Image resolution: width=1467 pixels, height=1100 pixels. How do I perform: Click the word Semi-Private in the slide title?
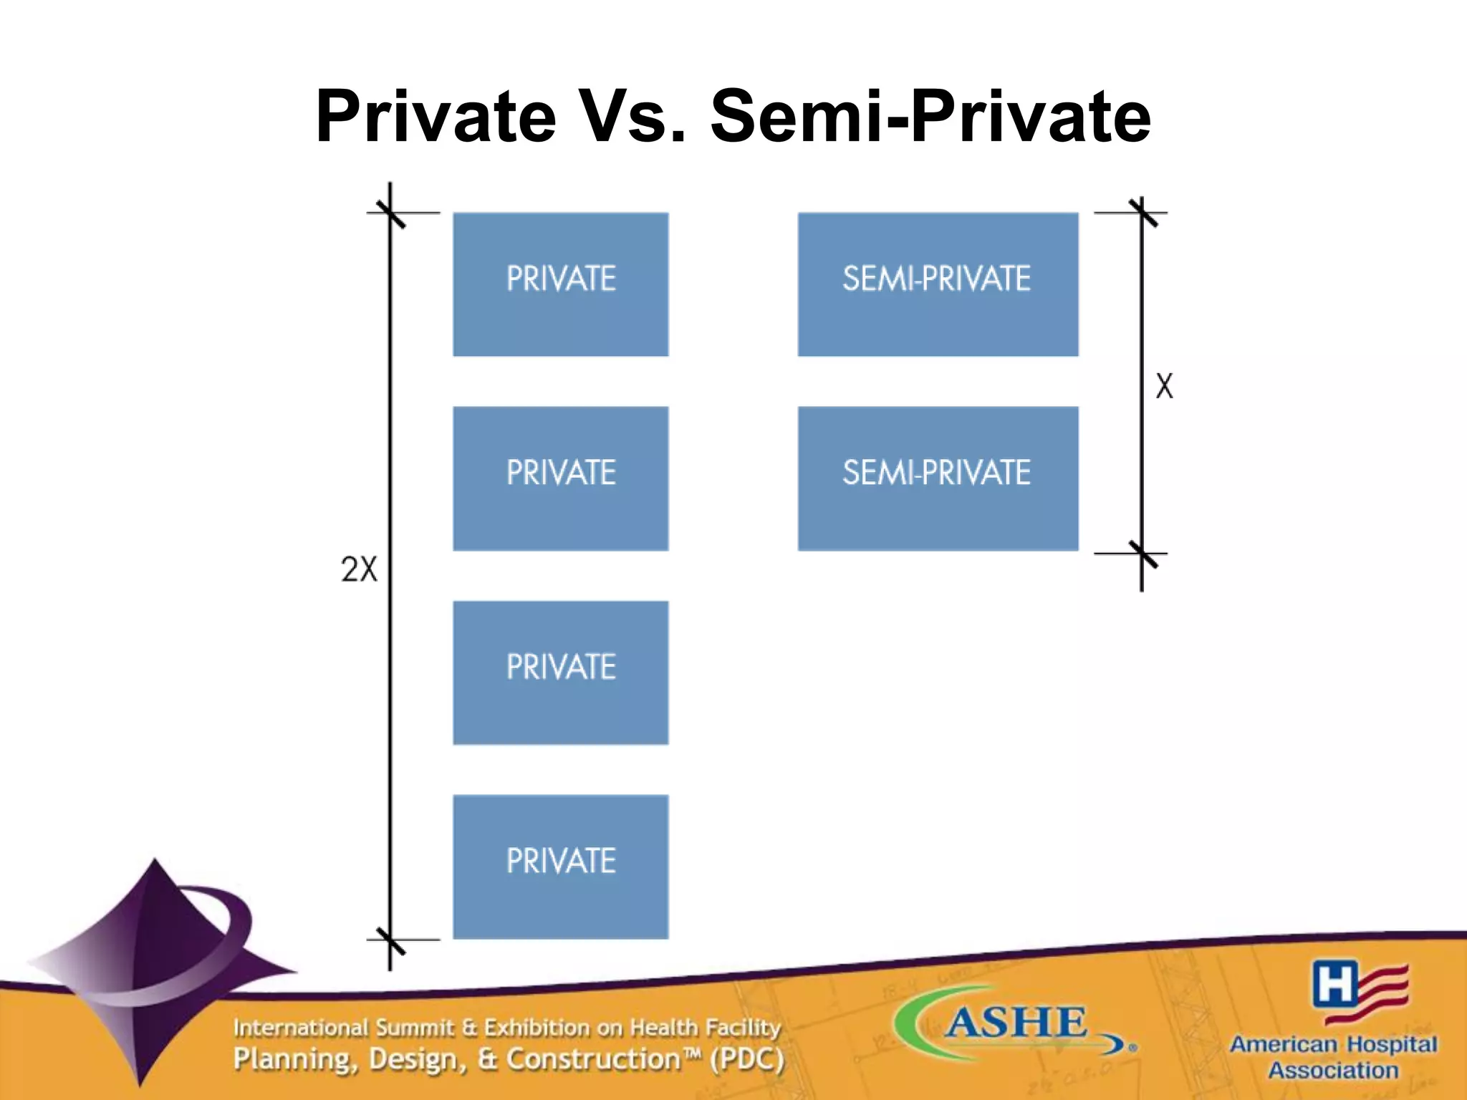pos(930,117)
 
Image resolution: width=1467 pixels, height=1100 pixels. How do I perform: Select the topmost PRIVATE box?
pos(561,284)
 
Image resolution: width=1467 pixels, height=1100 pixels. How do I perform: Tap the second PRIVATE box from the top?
pos(561,478)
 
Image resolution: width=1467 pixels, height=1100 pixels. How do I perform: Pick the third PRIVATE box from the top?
pos(561,672)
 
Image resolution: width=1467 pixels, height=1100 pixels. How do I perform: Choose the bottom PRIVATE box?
pos(561,867)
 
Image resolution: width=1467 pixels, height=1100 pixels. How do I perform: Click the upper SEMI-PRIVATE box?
pos(938,284)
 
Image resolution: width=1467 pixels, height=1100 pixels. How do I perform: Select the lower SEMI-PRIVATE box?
pos(938,478)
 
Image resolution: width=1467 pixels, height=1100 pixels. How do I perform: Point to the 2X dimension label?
pos(359,570)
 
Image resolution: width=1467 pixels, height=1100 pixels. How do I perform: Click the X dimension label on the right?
pos(1165,387)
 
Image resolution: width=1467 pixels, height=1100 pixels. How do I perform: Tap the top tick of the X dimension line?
pos(1142,213)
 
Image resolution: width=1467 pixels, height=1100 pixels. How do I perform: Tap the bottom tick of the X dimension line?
pos(1142,554)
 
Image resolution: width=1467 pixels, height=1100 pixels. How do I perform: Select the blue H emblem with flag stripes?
pos(1359,990)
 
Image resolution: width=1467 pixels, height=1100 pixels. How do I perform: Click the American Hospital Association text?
pos(1333,1057)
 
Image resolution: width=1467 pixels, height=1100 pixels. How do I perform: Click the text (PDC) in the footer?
pos(746,1059)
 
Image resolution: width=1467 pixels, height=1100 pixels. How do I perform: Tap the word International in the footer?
pos(300,1028)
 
